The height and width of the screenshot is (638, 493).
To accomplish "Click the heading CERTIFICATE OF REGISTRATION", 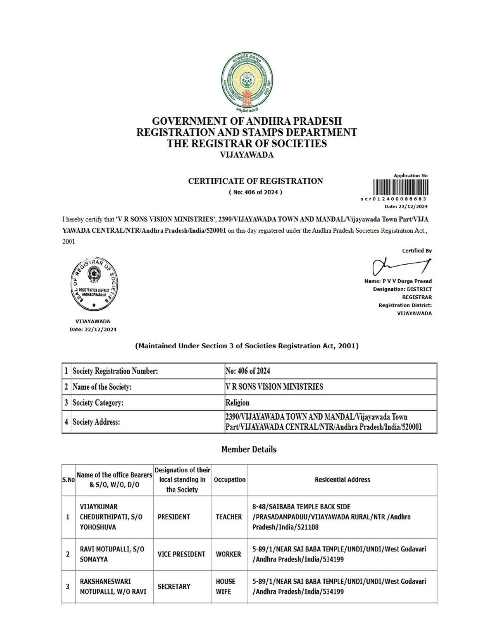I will [255, 181].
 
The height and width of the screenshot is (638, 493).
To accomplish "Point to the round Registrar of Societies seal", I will [93, 286].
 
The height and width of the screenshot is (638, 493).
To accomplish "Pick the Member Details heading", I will [248, 449].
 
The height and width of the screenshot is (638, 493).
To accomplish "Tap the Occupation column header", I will [229, 479].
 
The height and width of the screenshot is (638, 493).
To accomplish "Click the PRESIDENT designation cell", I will [173, 517].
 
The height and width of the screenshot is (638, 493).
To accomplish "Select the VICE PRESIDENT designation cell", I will [181, 554].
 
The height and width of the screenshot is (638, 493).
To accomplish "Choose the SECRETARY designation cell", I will [173, 586].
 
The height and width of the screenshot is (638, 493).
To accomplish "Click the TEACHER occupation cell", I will [229, 517].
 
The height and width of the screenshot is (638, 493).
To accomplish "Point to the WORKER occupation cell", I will [228, 554].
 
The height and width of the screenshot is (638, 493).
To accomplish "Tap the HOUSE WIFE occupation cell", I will [226, 586].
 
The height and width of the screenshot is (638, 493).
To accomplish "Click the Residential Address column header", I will [342, 479].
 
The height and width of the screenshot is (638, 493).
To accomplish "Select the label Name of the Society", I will [102, 387].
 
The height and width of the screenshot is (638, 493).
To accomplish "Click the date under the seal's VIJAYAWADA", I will [93, 329].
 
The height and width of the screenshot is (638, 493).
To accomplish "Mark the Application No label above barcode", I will [410, 176].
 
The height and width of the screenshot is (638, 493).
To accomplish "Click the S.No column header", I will [68, 479].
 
